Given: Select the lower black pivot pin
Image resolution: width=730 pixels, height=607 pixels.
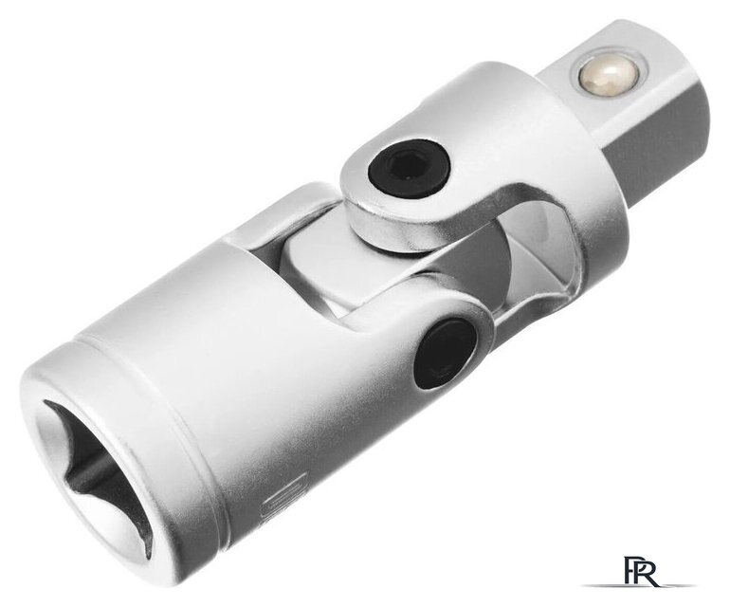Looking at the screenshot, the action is pyautogui.click(x=447, y=354).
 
